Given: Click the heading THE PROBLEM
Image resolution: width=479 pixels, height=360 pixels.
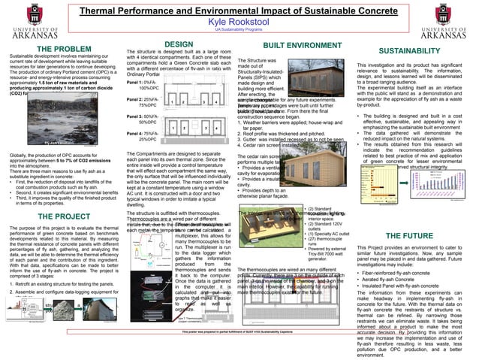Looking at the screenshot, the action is [63, 49].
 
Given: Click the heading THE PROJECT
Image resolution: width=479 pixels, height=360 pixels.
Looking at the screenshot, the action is [63, 216].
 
